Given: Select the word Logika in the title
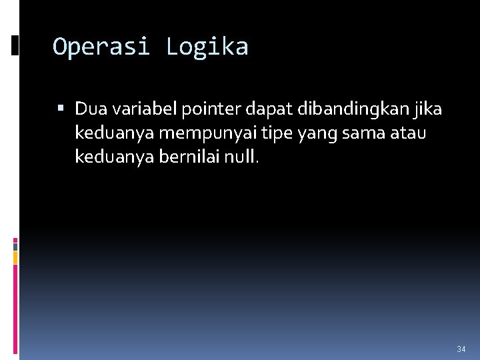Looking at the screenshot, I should pos(207,47).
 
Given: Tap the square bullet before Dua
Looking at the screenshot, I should pos(61,108).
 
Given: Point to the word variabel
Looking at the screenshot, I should pos(140,108).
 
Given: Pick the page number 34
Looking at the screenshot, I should pos(461,349).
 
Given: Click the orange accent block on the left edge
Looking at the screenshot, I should pos(15,257).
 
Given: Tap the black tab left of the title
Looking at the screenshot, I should pos(15,45).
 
